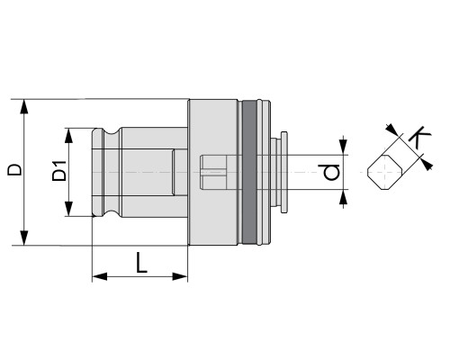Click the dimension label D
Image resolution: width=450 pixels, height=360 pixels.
click(x=14, y=169)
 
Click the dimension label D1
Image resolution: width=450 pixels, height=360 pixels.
click(x=59, y=171)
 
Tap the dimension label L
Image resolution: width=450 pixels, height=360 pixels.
click(x=141, y=263)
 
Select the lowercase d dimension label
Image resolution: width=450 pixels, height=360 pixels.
click(x=332, y=172)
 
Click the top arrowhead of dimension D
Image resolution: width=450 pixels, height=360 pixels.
click(x=24, y=107)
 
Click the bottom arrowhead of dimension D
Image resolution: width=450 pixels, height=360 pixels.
click(x=24, y=238)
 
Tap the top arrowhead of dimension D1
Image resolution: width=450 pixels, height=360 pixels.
click(x=69, y=136)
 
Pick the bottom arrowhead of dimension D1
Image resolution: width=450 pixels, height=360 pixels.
click(x=69, y=209)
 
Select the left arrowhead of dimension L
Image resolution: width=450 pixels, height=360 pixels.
click(x=100, y=276)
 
